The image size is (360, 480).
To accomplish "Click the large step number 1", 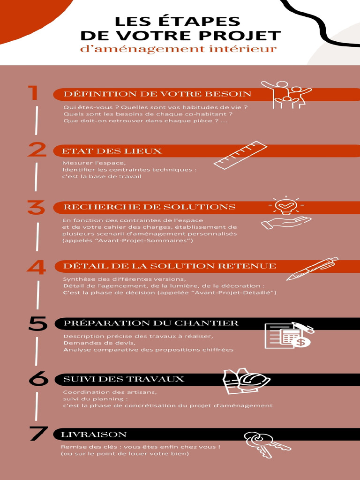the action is click(33, 93).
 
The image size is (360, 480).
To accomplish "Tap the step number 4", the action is click(37, 267).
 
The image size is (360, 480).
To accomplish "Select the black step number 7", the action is click(38, 433).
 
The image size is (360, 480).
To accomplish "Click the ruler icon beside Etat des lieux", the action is click(240, 155).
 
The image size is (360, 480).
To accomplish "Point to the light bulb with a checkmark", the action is click(286, 205).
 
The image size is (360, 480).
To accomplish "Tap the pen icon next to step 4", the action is click(312, 269).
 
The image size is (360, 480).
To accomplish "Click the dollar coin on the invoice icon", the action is click(301, 342).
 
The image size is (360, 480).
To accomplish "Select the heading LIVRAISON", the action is click(94, 435).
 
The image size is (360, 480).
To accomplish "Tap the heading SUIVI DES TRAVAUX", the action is click(124, 379).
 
